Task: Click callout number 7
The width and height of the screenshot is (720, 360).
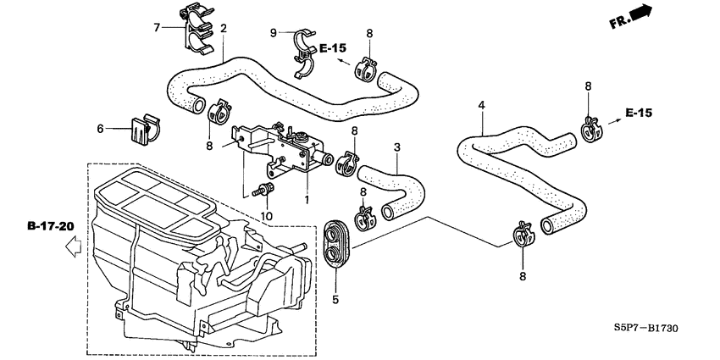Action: (x=157, y=29)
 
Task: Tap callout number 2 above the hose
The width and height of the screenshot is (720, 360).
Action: (x=224, y=29)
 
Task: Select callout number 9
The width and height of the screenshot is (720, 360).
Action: (x=274, y=33)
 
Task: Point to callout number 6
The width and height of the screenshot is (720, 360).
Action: (x=100, y=129)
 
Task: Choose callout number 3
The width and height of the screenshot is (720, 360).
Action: (x=396, y=147)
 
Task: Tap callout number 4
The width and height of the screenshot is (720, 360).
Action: (x=481, y=106)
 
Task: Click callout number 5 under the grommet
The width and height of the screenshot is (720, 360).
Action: (x=335, y=299)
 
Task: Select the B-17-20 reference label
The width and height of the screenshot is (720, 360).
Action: (x=51, y=226)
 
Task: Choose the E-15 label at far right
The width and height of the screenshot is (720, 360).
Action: (x=640, y=113)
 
